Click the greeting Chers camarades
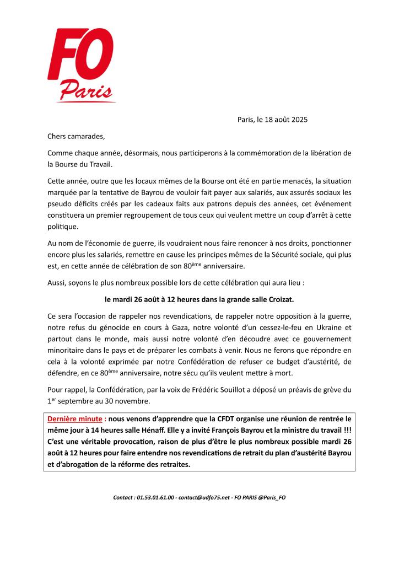[x=76, y=136]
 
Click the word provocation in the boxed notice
[x=141, y=442]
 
